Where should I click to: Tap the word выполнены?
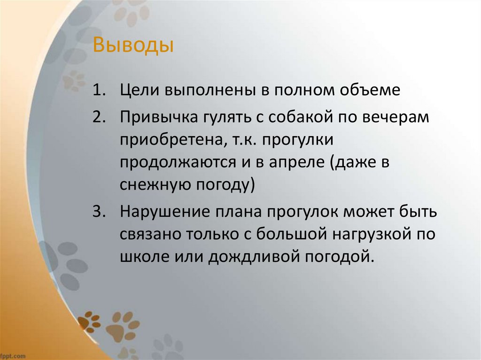click(x=206, y=90)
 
